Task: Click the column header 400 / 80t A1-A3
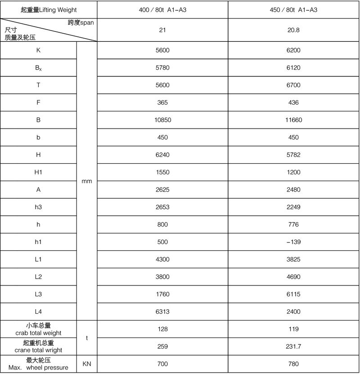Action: (x=162, y=9)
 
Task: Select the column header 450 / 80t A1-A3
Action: (x=294, y=9)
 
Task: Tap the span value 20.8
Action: (x=294, y=30)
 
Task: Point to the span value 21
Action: (x=162, y=30)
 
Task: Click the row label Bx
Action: (x=39, y=68)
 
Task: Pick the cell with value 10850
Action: (x=162, y=120)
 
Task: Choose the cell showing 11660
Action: (x=294, y=120)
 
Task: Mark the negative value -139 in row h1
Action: (x=294, y=242)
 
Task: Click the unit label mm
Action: (x=87, y=181)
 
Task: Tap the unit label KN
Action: (x=87, y=364)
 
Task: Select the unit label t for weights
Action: (x=87, y=338)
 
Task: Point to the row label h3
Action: (x=39, y=207)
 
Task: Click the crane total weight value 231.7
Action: (x=294, y=347)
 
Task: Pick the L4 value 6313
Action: (x=162, y=312)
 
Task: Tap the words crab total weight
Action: (x=38, y=333)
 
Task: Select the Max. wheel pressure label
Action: (x=38, y=368)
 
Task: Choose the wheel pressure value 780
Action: (x=294, y=364)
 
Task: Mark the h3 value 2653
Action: (x=162, y=207)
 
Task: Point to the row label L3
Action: (x=39, y=294)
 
